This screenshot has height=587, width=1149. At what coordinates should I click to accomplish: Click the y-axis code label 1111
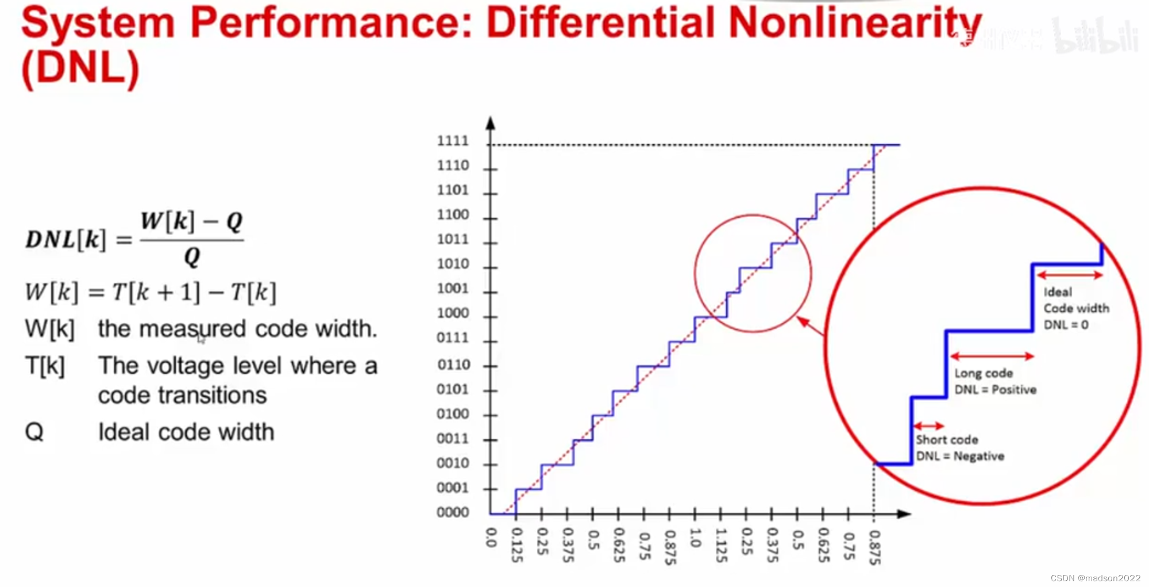(453, 141)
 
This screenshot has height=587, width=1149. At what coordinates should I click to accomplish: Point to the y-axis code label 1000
(453, 313)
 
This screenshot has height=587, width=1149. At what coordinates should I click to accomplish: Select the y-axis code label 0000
(453, 512)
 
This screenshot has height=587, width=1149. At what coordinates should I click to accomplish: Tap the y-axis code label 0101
(453, 389)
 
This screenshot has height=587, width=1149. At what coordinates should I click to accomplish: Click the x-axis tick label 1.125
(721, 546)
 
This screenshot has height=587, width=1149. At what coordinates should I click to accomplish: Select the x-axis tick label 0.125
(516, 546)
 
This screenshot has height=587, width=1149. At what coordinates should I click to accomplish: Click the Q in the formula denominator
(192, 256)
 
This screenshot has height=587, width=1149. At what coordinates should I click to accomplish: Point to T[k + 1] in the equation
(156, 292)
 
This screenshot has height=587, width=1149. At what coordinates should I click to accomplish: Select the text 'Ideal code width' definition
(186, 432)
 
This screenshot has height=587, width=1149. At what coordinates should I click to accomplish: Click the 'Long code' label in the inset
(984, 373)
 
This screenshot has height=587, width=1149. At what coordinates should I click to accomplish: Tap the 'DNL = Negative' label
(960, 456)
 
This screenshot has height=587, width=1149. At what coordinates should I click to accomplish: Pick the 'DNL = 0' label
(1066, 325)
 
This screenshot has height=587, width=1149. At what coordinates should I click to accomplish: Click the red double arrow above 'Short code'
(928, 426)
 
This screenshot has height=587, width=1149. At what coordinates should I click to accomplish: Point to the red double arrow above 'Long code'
(992, 356)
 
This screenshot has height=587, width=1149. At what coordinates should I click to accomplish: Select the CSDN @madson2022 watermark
(1096, 578)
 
